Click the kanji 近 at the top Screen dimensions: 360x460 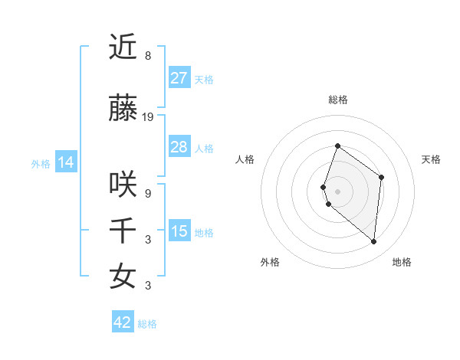(x=123, y=47)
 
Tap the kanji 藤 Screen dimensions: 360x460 (x=123, y=110)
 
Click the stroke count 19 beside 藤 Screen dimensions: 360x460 (x=148, y=117)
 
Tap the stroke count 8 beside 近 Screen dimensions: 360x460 (x=148, y=56)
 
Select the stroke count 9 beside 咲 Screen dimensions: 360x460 (x=148, y=194)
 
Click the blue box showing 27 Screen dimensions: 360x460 (x=179, y=77)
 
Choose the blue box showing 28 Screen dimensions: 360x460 (x=179, y=146)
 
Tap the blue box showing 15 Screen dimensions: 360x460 (x=179, y=231)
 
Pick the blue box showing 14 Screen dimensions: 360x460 (x=65, y=162)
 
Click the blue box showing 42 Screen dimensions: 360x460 (x=123, y=322)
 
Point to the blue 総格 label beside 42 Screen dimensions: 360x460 (x=147, y=324)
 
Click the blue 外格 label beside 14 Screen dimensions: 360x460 (x=41, y=163)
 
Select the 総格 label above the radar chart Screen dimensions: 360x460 (x=337, y=100)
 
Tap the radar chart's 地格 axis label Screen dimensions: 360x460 (x=402, y=262)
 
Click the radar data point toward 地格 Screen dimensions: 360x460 (x=374, y=242)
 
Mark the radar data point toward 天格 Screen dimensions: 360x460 (x=382, y=178)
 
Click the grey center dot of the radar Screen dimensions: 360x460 (x=337, y=191)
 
